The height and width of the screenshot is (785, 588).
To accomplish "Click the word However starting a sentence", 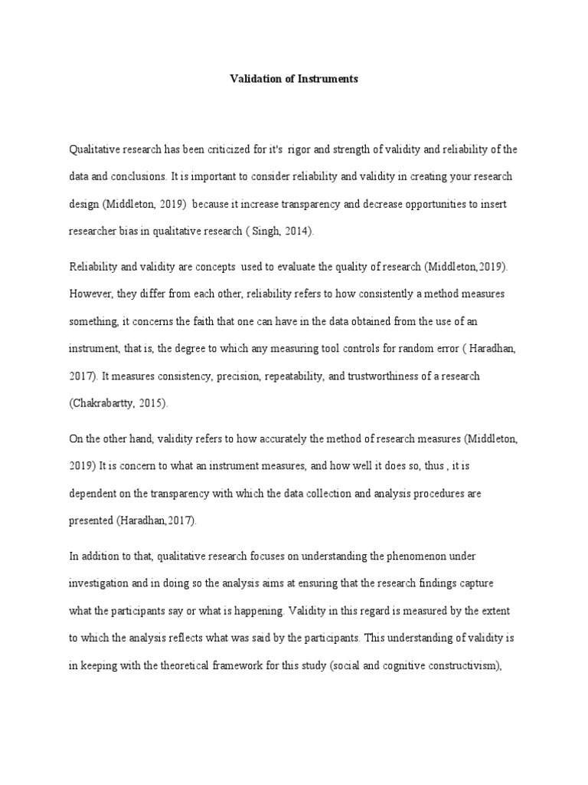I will click(91, 294).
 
